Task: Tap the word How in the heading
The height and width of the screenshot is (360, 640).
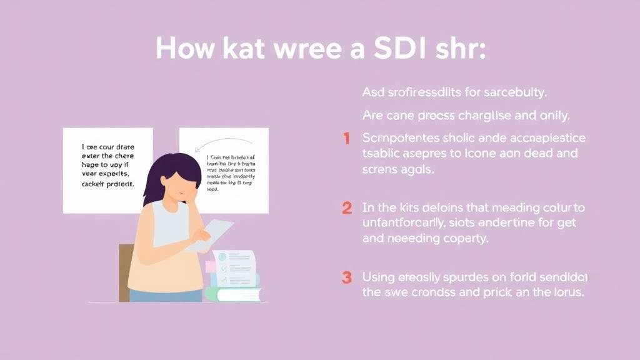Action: tap(186, 48)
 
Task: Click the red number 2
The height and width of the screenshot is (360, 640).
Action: tap(346, 208)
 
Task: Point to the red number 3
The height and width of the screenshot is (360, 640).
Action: tap(346, 277)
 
